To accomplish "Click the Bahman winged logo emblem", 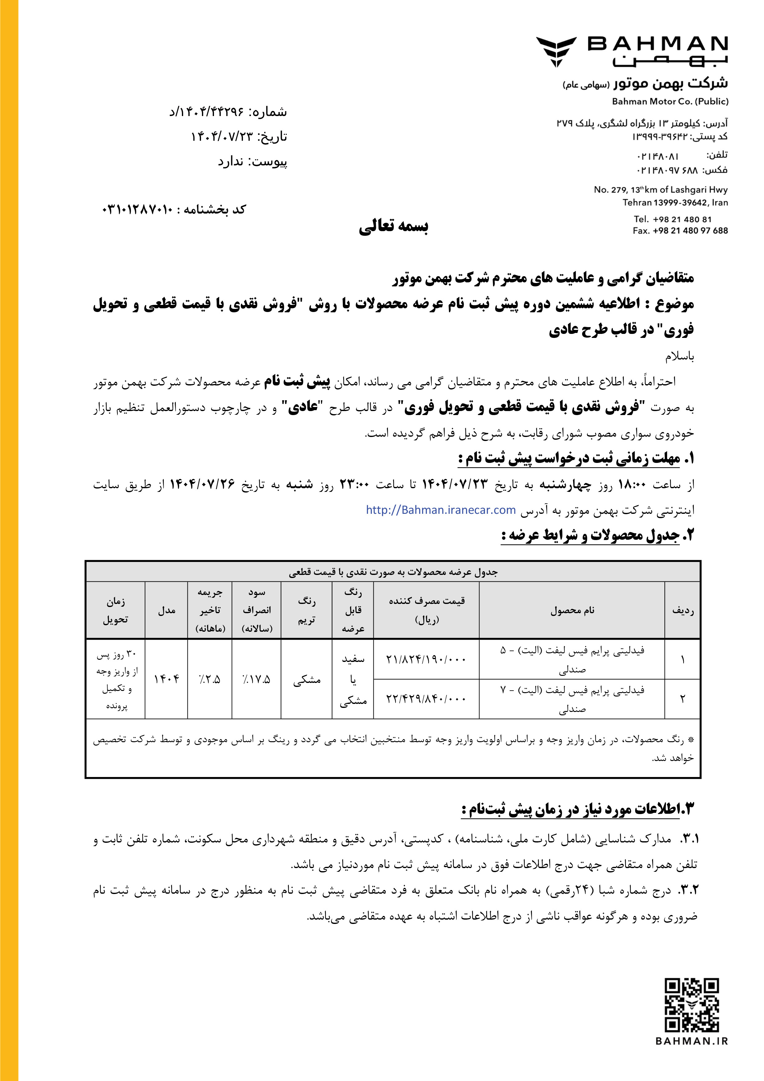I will (x=556, y=51).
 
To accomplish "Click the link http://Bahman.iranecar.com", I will (x=441, y=510).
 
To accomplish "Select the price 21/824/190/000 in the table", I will (x=426, y=659).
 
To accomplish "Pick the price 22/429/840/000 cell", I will (x=426, y=699).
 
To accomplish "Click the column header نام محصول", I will (x=572, y=610).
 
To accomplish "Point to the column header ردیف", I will (x=683, y=610).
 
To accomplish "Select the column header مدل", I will (x=166, y=610).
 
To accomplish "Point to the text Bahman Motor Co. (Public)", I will (x=670, y=101).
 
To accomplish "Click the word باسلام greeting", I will (x=679, y=356).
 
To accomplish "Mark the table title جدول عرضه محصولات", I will (x=393, y=572).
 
